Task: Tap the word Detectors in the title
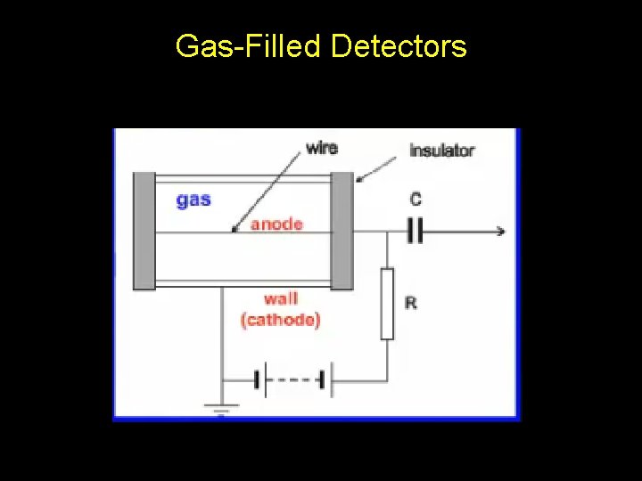point(399,45)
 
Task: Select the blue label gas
point(193,200)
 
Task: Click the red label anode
point(276,224)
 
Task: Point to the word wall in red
point(281,299)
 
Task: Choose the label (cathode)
point(280,319)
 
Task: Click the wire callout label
point(322,147)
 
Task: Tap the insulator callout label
point(441,151)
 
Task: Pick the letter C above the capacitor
point(416,200)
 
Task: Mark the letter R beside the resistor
point(411,303)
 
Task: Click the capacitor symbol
point(414,232)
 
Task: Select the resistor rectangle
point(387,303)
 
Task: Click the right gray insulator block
point(342,230)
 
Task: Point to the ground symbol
point(220,410)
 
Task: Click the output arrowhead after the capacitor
point(500,232)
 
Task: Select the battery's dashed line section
point(293,380)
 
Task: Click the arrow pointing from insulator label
point(375,167)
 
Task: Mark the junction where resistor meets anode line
point(387,232)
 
